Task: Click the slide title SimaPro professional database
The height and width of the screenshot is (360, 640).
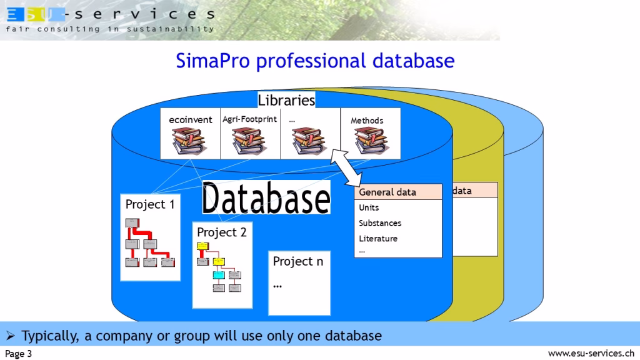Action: point(315,61)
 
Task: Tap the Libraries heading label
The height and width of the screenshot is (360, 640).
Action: point(286,100)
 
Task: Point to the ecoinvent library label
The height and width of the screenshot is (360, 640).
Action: point(191,120)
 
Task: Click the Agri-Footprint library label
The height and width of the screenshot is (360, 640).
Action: point(249,119)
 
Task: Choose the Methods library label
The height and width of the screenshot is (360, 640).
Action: point(367,121)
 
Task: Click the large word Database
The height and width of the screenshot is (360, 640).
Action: point(266,199)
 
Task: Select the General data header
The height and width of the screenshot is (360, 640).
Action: point(387,192)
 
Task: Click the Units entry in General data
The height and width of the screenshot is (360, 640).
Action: point(369,207)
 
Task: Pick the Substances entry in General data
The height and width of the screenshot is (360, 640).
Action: point(380,223)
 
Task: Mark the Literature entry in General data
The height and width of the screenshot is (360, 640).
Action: point(378,239)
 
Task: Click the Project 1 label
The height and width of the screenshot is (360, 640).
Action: point(150,204)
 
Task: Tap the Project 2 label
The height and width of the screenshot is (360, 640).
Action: point(222,232)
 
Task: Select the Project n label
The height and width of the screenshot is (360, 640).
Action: point(298,261)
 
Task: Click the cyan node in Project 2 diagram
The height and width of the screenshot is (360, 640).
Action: point(218,274)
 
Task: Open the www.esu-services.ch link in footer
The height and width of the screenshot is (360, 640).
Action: point(591,354)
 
